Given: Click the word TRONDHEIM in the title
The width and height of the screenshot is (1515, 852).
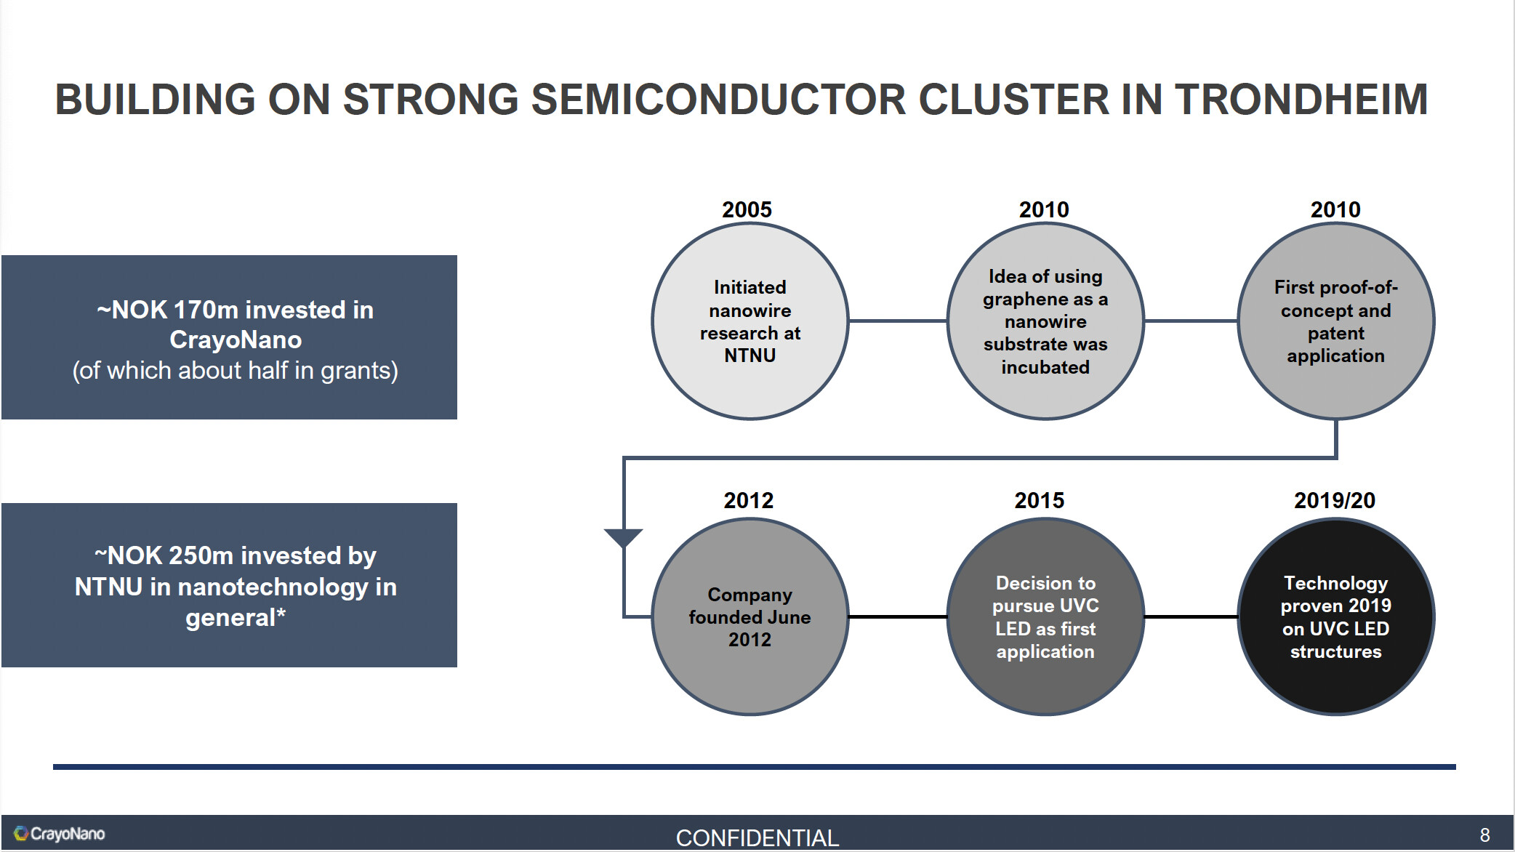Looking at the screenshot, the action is point(1301,100).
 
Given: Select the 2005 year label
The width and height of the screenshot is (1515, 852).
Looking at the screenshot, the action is point(747,209).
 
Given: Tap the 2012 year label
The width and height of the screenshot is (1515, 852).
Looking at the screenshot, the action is point(748,500).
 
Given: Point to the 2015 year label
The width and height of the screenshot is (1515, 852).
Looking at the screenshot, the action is point(1039,500).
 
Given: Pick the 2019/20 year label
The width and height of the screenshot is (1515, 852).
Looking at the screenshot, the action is point(1335,500).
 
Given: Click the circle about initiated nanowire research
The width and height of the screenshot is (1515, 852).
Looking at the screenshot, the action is point(750,321).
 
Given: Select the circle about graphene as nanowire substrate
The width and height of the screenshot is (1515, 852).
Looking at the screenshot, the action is point(1045,321).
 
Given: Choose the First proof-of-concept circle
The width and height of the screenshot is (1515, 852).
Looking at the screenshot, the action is point(1336,321).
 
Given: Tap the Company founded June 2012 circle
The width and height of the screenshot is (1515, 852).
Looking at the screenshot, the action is point(750,616).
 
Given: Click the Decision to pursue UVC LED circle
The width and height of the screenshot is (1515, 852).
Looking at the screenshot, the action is point(1045,616).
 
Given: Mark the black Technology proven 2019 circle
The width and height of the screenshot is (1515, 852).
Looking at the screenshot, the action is point(1336,616).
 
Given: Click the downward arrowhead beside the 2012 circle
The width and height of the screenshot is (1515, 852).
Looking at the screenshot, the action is point(624,538).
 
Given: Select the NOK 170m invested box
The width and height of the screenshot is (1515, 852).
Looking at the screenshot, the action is point(229,337).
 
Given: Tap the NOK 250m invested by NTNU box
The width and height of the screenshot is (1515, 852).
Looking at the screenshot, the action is point(229,585).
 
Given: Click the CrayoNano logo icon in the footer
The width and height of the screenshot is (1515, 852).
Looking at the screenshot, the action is point(21,833).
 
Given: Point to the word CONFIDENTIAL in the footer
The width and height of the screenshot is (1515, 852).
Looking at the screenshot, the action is point(757,838).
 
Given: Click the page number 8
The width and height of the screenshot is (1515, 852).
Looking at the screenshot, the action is point(1484,835).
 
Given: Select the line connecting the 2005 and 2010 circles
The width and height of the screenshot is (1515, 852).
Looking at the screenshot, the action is point(898,321).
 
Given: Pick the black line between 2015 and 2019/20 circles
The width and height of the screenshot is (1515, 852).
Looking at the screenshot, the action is point(1191,616).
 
